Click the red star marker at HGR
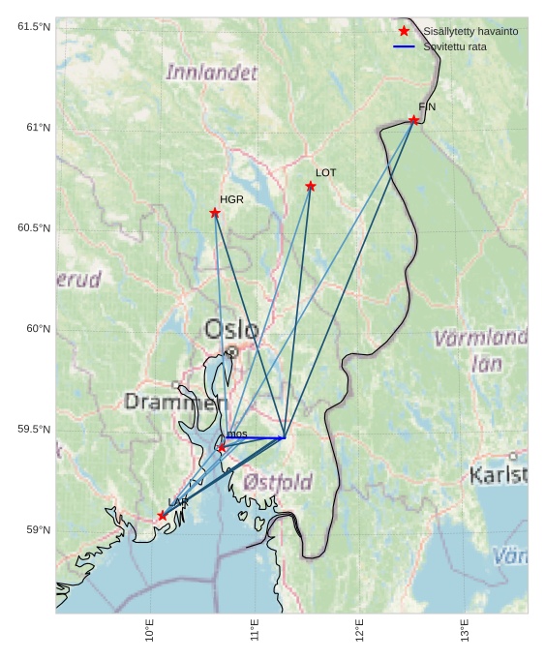click(x=215, y=213)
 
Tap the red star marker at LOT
click(x=311, y=186)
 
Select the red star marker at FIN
click(x=413, y=120)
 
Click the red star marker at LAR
click(x=162, y=516)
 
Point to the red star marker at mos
click(x=222, y=448)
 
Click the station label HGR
click(x=231, y=199)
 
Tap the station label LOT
click(x=326, y=172)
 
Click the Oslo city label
click(x=231, y=330)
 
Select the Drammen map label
click(x=175, y=402)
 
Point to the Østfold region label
click(x=278, y=481)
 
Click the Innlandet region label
click(x=212, y=73)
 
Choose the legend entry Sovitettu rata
click(x=455, y=46)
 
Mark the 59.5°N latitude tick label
click(x=33, y=430)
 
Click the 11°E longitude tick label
click(x=255, y=630)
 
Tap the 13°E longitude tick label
click(x=465, y=630)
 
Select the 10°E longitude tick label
click(x=149, y=630)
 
